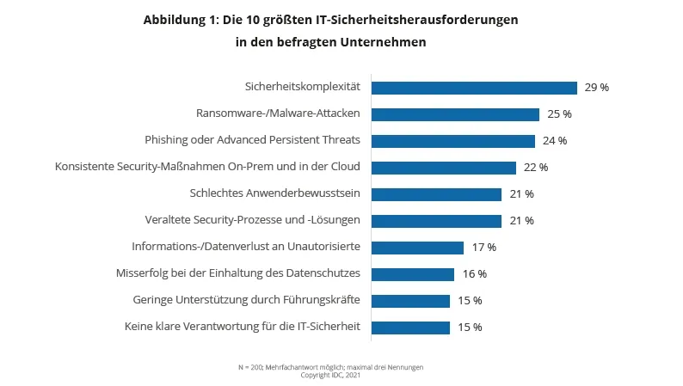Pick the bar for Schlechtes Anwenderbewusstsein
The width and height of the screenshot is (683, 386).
click(x=436, y=194)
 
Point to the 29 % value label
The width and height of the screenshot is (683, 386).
click(x=596, y=88)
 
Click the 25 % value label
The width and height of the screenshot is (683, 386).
click(x=558, y=114)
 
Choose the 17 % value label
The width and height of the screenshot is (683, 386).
click(x=483, y=248)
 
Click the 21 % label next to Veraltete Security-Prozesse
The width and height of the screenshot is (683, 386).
click(x=520, y=221)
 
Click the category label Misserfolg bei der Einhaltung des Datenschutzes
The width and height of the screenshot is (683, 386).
click(x=237, y=274)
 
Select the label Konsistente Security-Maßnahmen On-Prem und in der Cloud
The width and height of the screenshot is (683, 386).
click(x=207, y=168)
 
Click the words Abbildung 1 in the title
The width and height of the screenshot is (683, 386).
click(x=181, y=19)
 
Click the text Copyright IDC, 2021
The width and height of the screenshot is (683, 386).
click(x=330, y=375)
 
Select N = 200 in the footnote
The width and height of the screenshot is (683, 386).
click(x=249, y=367)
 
